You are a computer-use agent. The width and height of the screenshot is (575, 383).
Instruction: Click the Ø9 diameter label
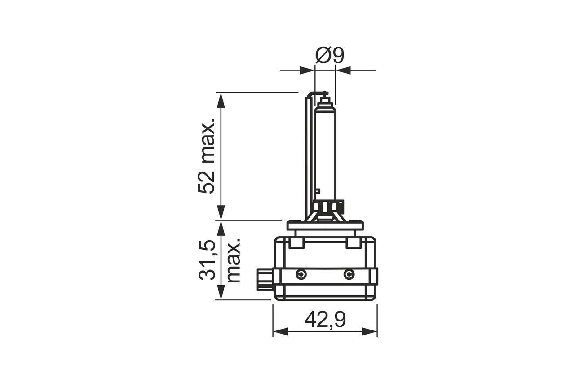pyautogui.click(x=329, y=55)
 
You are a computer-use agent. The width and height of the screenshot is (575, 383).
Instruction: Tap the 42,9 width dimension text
pyautogui.click(x=325, y=320)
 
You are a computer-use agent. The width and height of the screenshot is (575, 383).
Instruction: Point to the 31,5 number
pyautogui.click(x=208, y=260)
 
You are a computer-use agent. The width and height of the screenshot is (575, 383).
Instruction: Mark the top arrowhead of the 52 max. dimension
pyautogui.click(x=221, y=100)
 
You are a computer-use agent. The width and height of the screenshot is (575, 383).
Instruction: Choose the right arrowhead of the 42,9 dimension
pyautogui.click(x=370, y=332)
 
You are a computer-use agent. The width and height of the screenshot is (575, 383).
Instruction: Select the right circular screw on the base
pyautogui.click(x=349, y=275)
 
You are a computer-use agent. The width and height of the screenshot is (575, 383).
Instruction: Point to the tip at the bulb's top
pyautogui.click(x=325, y=96)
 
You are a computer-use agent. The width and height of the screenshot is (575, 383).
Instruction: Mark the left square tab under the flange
pyautogui.click(x=296, y=243)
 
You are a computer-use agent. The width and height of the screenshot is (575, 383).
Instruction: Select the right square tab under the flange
pyautogui.click(x=353, y=243)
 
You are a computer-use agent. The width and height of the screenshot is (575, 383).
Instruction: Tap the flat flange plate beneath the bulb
pyautogui.click(x=325, y=226)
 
